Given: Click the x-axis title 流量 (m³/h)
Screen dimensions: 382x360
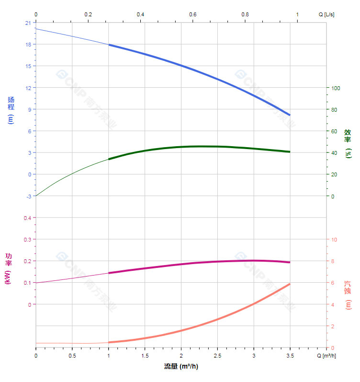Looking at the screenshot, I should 181,367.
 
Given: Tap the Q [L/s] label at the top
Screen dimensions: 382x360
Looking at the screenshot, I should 326,14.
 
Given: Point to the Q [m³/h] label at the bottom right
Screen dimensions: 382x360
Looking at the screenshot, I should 326,356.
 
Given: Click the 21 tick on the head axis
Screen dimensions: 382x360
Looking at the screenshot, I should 28,23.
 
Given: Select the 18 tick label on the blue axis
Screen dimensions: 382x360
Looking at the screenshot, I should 28,45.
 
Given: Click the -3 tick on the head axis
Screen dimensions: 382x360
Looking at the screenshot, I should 28,196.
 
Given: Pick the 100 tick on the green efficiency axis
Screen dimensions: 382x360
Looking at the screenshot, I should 336,88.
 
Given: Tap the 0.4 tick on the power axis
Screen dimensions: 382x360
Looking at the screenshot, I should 27,218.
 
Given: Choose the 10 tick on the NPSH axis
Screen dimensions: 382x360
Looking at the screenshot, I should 334,240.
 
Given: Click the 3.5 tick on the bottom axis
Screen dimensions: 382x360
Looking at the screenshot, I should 290,356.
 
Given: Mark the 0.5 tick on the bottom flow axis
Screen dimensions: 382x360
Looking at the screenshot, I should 72,356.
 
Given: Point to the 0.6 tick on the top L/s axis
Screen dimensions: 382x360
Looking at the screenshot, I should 192,14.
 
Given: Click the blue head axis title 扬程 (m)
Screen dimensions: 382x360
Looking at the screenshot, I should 11,110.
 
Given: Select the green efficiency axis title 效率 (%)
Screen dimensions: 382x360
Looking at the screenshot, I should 348,144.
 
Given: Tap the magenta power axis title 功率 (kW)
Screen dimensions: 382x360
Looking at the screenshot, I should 8,268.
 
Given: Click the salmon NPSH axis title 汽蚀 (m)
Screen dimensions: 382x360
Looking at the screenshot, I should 348,295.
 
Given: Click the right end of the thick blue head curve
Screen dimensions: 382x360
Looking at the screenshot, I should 290,115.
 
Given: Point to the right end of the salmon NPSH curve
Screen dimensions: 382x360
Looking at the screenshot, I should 290,284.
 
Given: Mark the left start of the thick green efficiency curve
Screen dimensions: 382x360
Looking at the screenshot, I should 109,159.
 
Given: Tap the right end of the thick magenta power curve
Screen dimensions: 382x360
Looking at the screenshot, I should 290,262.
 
